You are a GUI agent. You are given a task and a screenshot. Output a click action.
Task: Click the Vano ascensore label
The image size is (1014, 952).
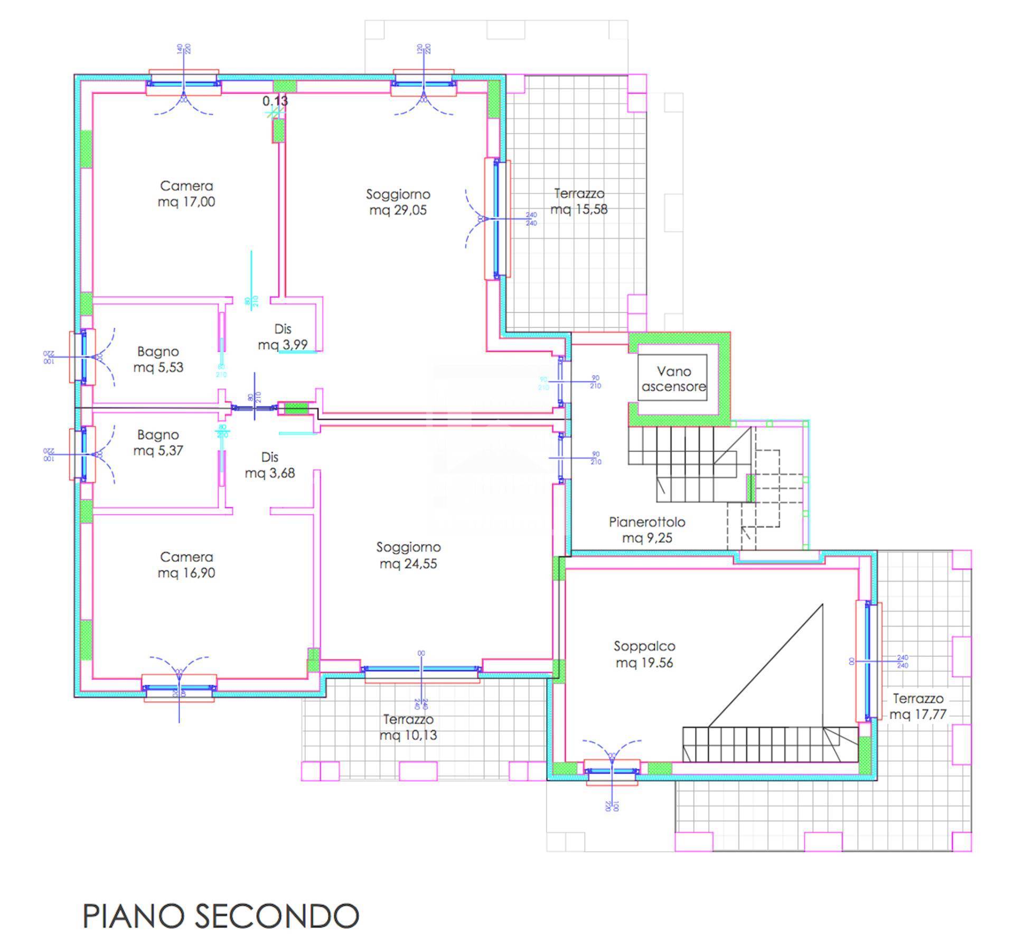673,379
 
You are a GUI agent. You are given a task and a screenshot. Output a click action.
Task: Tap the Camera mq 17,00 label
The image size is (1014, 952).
186,194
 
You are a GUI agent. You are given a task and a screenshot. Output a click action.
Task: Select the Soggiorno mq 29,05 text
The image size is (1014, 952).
398,202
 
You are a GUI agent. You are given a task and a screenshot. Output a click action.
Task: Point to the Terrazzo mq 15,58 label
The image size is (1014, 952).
579,201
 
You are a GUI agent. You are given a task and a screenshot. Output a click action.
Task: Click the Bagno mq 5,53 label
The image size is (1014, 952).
158,359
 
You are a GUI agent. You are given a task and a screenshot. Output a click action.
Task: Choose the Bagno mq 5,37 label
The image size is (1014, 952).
158,442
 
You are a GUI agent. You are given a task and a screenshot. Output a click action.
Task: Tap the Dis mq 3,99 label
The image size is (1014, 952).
283,337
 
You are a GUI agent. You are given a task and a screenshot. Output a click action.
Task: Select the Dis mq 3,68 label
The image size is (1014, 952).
269,465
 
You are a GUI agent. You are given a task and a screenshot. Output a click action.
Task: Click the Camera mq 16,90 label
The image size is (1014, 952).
186,565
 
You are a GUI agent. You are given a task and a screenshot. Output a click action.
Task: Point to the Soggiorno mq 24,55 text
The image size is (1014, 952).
408,555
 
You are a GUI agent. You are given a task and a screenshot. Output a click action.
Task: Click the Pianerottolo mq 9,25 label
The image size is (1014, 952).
647,530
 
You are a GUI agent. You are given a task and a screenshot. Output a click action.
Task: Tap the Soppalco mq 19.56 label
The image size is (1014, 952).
644,654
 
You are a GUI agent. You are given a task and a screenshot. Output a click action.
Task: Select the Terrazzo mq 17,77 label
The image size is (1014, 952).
918,706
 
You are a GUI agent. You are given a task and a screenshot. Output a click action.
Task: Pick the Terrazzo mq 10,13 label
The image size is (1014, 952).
408,727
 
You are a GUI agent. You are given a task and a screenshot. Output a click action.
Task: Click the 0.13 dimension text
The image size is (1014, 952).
275,101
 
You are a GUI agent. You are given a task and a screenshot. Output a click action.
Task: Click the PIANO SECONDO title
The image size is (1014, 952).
221,916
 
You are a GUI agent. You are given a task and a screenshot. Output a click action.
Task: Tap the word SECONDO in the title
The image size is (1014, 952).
277,916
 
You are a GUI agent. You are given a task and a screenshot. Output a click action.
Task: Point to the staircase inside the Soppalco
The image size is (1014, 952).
769,744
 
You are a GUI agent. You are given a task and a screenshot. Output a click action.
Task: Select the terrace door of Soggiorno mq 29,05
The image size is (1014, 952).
496,219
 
